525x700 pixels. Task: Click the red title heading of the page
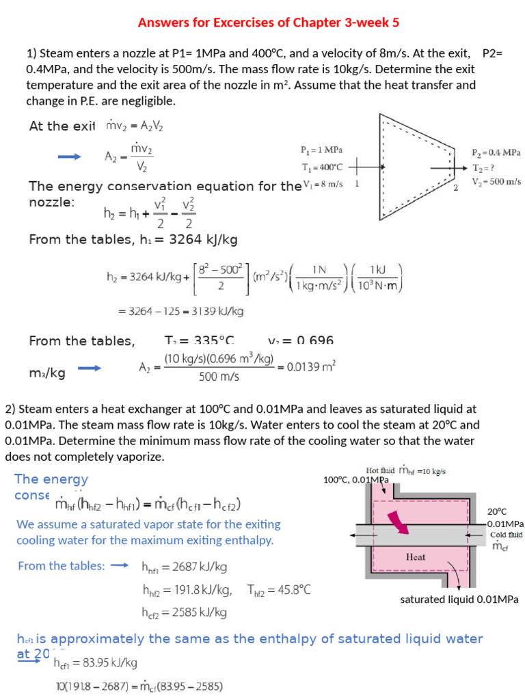coord(269,23)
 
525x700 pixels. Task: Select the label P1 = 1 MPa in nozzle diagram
coord(321,150)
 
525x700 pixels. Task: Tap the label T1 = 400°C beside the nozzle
coord(321,166)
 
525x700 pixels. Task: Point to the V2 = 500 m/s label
coord(496,181)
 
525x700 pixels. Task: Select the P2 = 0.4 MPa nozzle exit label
coord(496,152)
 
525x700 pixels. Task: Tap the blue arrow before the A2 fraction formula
coord(70,157)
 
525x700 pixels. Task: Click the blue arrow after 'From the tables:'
coord(120,565)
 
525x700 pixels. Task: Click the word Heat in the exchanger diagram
coord(416,556)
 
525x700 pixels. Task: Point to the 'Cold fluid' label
coord(506,535)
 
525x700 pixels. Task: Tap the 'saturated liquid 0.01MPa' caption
coord(459,600)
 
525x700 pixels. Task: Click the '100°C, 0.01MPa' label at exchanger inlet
coord(355,480)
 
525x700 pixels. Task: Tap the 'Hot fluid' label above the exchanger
coord(381,470)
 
